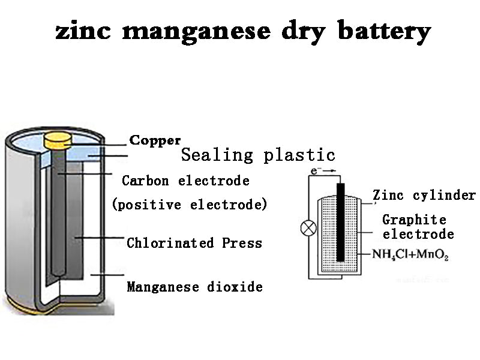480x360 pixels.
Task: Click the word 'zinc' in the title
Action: pyautogui.click(x=83, y=31)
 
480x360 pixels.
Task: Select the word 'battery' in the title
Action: pyautogui.click(x=383, y=32)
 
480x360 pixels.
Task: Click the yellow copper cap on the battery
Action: pyautogui.click(x=58, y=140)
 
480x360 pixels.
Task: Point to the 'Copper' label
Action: pyautogui.click(x=155, y=140)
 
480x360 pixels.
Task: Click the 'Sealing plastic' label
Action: pyautogui.click(x=258, y=155)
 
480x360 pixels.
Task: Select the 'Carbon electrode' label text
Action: pyautogui.click(x=185, y=181)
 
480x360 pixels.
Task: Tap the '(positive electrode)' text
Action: pyautogui.click(x=190, y=205)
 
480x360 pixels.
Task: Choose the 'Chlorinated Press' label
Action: pyautogui.click(x=194, y=243)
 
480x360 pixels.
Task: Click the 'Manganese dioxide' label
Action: pyautogui.click(x=194, y=287)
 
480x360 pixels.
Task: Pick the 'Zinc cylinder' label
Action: pyautogui.click(x=424, y=195)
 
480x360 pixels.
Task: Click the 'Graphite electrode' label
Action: pyautogui.click(x=418, y=227)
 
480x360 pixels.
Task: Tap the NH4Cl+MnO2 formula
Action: pyautogui.click(x=410, y=254)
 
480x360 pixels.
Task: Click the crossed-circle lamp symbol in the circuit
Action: pyautogui.click(x=308, y=228)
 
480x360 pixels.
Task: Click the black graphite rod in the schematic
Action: pyautogui.click(x=340, y=222)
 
